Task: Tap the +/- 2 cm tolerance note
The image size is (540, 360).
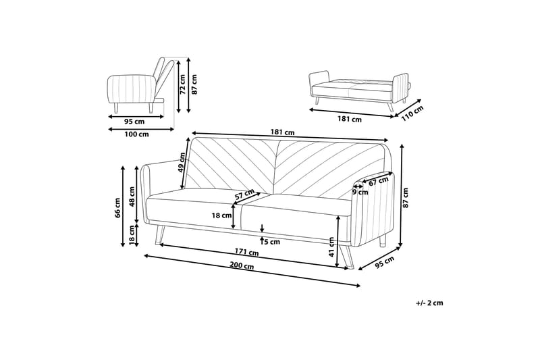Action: pos(429,303)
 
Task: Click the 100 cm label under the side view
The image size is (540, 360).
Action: pos(137,134)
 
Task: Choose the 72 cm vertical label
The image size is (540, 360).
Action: pos(182,84)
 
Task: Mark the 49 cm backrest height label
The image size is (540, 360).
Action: pos(181,163)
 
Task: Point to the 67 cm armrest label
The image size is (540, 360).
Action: pos(379,181)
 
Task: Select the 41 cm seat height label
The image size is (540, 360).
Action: pos(331,247)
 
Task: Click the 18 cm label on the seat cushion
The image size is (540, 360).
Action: pos(222,215)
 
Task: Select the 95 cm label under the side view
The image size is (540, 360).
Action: pos(134,122)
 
